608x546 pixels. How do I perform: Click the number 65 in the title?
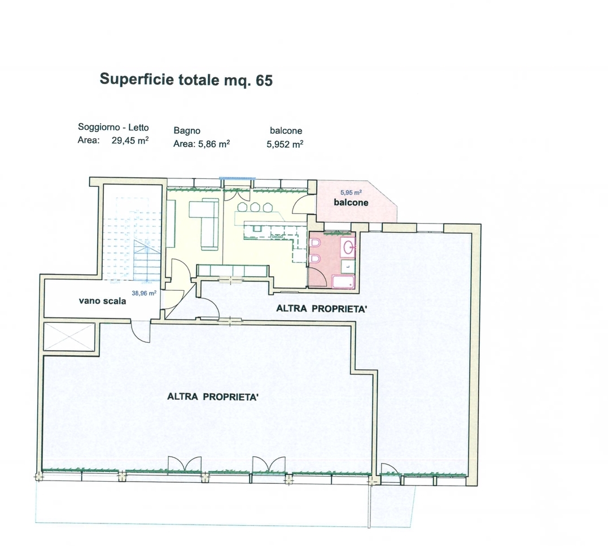tap(264, 80)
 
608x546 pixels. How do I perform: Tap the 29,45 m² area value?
tap(130, 141)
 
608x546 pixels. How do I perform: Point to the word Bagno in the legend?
tap(187, 131)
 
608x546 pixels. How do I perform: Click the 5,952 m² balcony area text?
tap(285, 144)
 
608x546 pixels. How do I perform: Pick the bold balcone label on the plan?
tap(351, 203)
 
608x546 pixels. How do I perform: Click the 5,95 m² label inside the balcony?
tap(351, 193)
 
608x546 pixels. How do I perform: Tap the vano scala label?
tap(102, 301)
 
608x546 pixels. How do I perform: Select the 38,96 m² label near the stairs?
tap(144, 293)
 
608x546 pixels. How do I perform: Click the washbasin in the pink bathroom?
tap(349, 246)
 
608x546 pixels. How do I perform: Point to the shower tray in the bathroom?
tap(343, 282)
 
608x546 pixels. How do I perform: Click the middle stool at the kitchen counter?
tap(255, 207)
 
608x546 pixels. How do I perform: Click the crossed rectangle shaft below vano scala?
tap(69, 336)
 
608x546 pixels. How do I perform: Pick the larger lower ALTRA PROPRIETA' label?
tap(213, 397)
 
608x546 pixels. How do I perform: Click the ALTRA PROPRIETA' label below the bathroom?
tap(321, 309)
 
